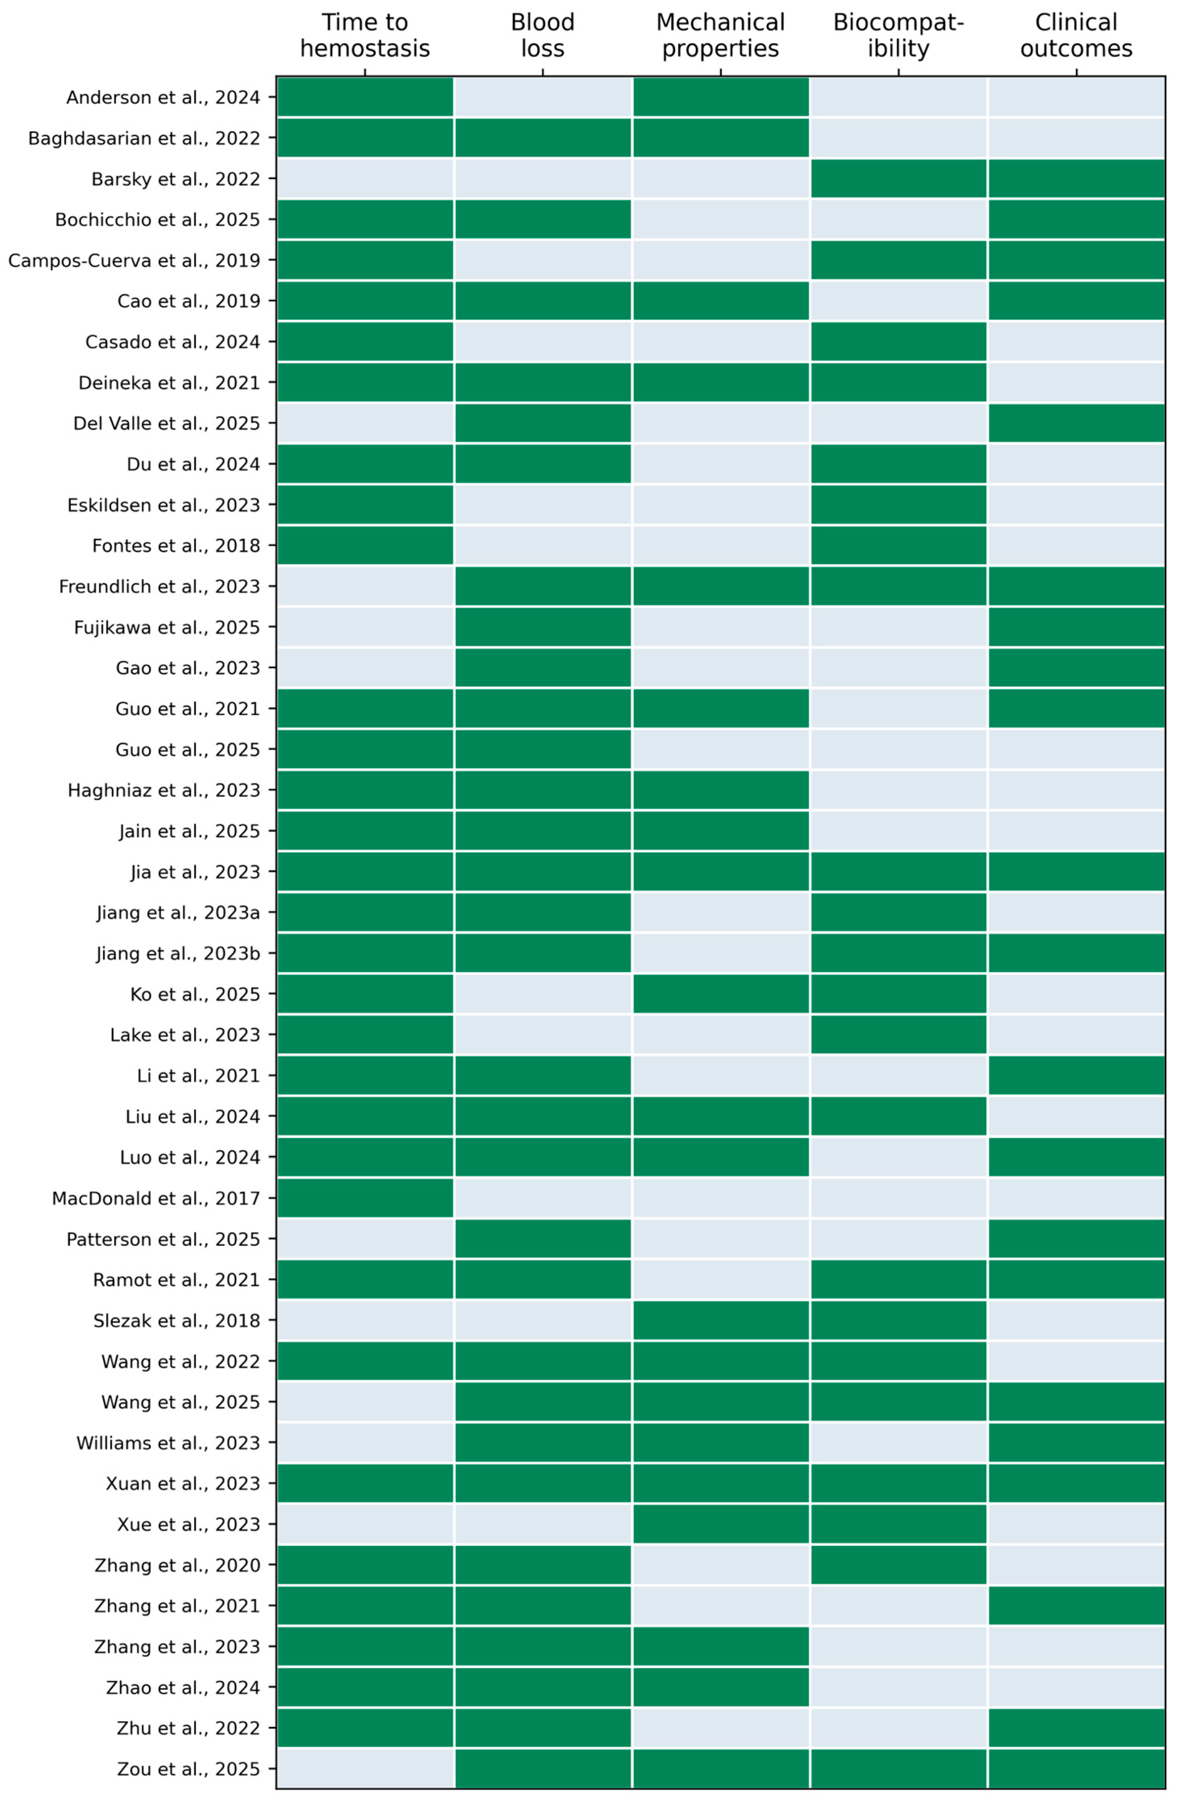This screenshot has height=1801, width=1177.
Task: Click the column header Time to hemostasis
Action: pyautogui.click(x=365, y=35)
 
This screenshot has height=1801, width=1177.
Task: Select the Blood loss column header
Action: pyautogui.click(x=543, y=35)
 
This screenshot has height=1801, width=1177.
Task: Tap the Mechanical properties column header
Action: pyautogui.click(x=721, y=35)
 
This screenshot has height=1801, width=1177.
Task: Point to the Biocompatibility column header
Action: pyautogui.click(x=898, y=35)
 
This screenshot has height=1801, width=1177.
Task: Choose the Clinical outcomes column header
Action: pyautogui.click(x=1076, y=35)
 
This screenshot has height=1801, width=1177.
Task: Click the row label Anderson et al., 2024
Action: pyautogui.click(x=163, y=98)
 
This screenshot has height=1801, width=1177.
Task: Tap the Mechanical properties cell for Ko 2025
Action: pyautogui.click(x=721, y=994)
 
